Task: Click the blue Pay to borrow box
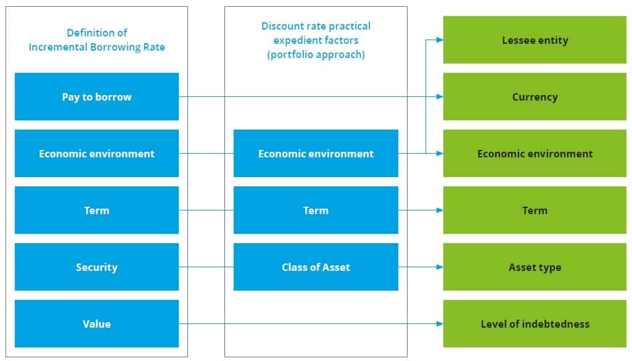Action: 97,97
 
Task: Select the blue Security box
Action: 97,267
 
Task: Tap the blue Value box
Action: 97,324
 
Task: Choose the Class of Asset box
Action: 316,267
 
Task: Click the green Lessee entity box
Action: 535,40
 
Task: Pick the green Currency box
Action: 535,97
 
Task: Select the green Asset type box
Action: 535,267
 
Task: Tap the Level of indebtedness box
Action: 535,324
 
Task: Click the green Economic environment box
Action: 535,154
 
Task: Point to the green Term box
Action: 535,210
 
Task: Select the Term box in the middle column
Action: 316,210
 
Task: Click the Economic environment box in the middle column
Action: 316,154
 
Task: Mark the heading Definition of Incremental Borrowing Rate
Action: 97,40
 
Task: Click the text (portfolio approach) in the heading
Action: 316,54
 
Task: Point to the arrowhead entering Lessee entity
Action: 439,40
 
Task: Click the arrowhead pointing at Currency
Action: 439,97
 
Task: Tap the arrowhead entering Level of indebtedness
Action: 439,324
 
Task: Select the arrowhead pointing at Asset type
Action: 439,267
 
